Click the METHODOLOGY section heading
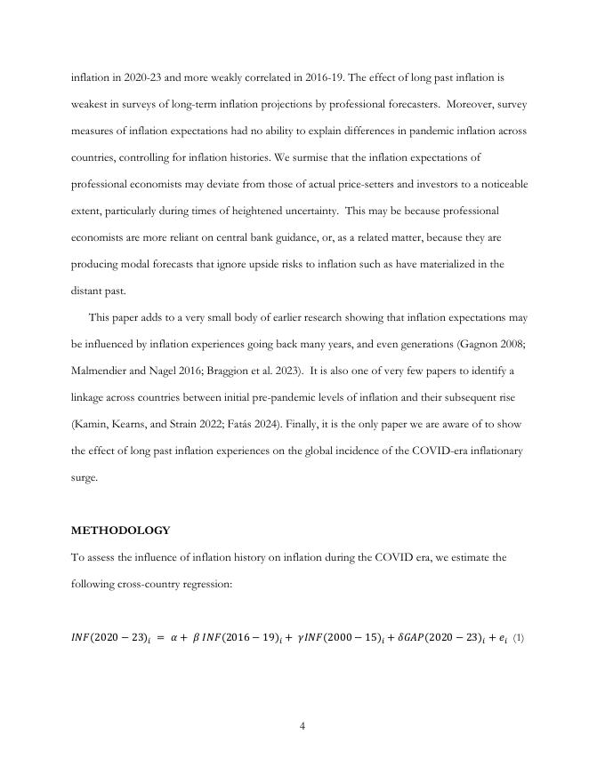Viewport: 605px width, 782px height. pos(120,531)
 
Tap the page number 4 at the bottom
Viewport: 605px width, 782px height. pos(302,726)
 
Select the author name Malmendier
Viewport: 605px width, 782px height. pos(101,371)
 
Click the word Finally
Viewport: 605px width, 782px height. pos(340,424)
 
